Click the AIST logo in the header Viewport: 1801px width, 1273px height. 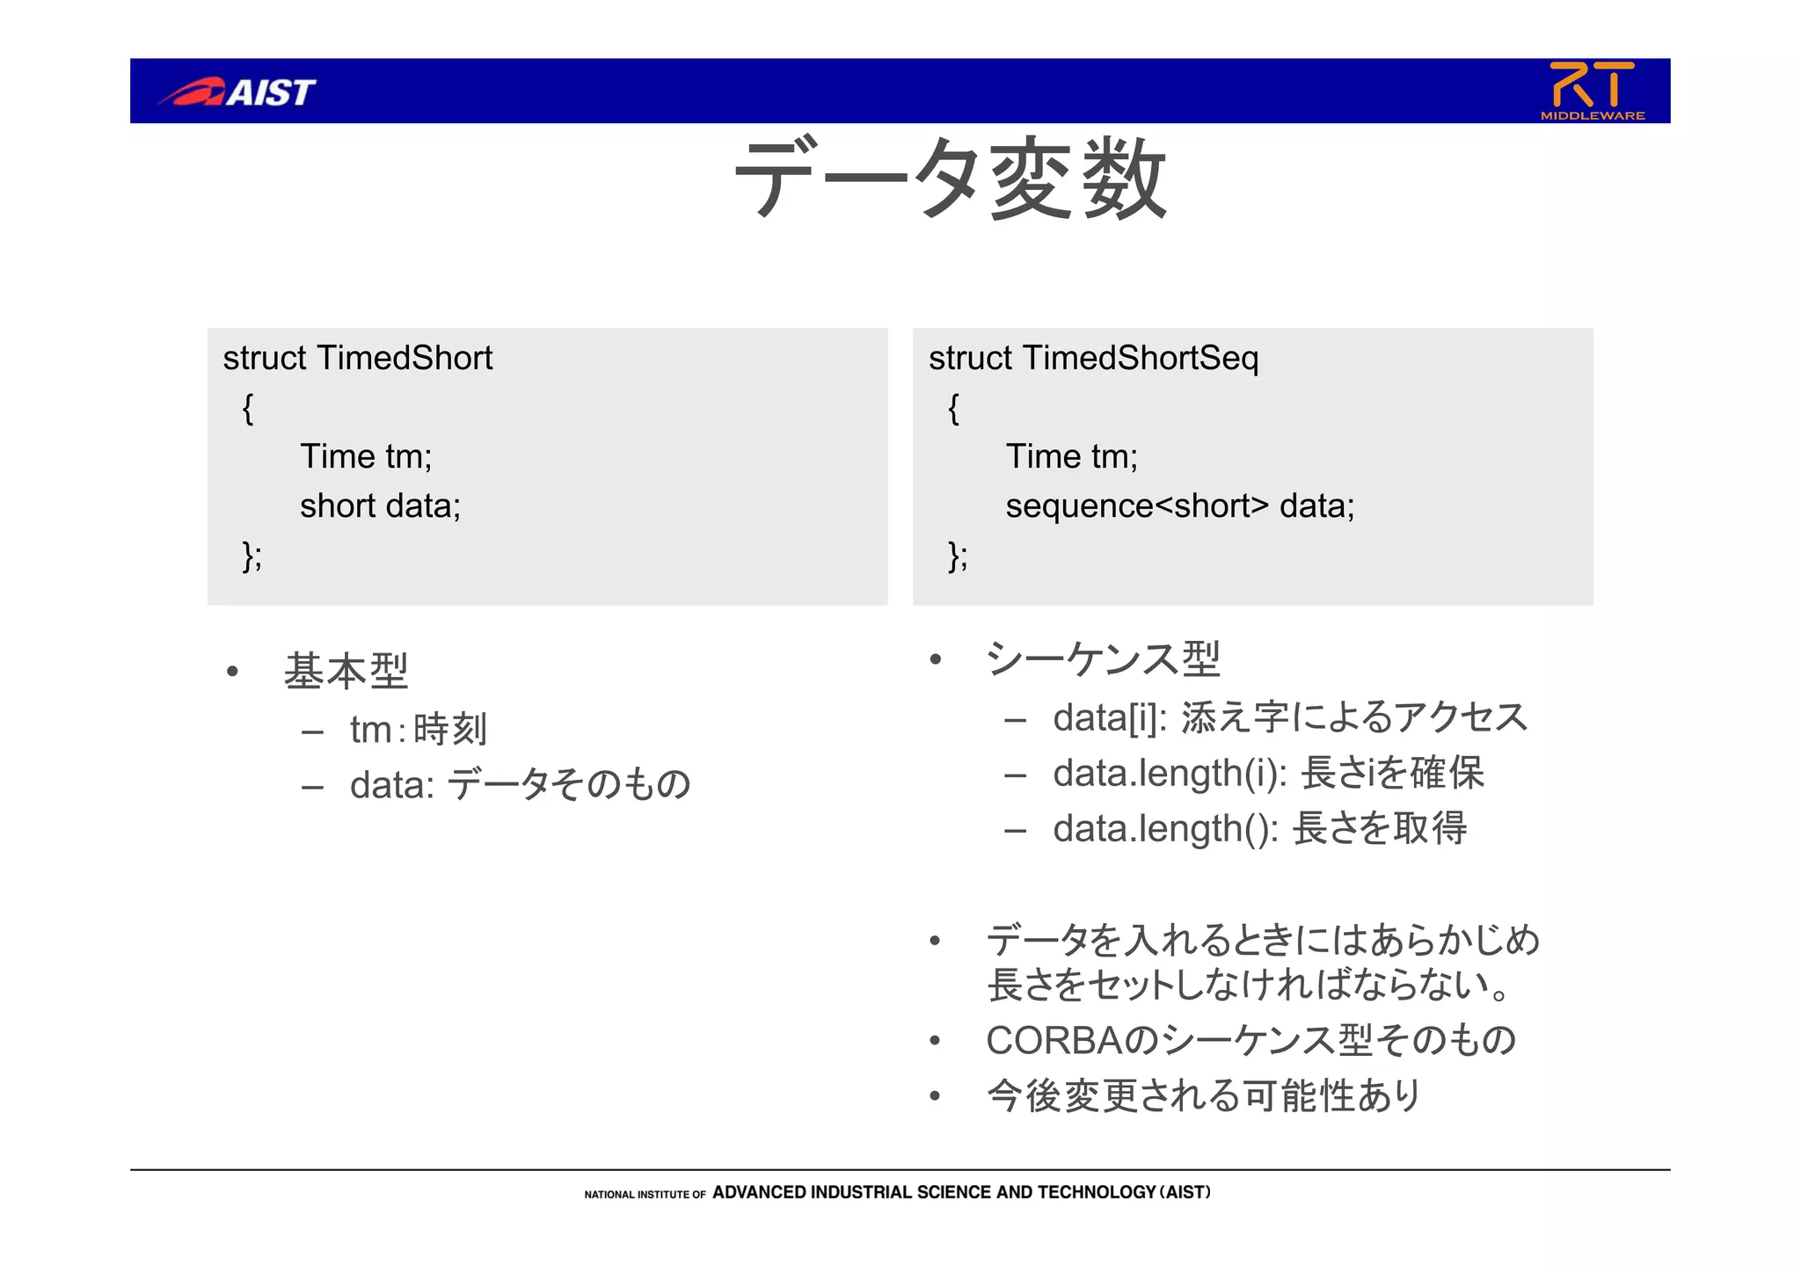click(x=237, y=91)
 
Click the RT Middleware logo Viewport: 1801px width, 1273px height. click(x=1592, y=91)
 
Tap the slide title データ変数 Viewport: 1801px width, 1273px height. click(x=950, y=179)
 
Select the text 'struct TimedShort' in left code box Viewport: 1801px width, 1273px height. click(x=358, y=359)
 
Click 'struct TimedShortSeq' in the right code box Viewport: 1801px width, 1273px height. click(x=1093, y=359)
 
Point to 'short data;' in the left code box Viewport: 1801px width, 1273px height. click(x=380, y=506)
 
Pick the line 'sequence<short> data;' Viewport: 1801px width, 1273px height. click(x=1179, y=506)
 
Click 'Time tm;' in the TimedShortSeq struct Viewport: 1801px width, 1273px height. click(x=1071, y=457)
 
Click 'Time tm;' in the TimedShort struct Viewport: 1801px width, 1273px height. click(x=366, y=457)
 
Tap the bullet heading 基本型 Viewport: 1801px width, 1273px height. click(x=346, y=672)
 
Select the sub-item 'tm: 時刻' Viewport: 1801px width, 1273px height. click(x=418, y=730)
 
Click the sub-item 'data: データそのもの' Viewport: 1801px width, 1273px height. click(x=520, y=785)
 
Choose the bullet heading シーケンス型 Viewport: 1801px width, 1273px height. click(x=1103, y=659)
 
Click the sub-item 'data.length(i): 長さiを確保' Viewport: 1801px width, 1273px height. click(x=1268, y=774)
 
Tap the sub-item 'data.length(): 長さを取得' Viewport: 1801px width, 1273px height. click(x=1259, y=829)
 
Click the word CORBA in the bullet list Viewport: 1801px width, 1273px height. click(x=1054, y=1041)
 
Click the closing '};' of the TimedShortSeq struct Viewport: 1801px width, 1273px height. click(x=958, y=556)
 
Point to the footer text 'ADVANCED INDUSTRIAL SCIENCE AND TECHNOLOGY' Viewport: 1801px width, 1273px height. click(x=932, y=1193)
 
